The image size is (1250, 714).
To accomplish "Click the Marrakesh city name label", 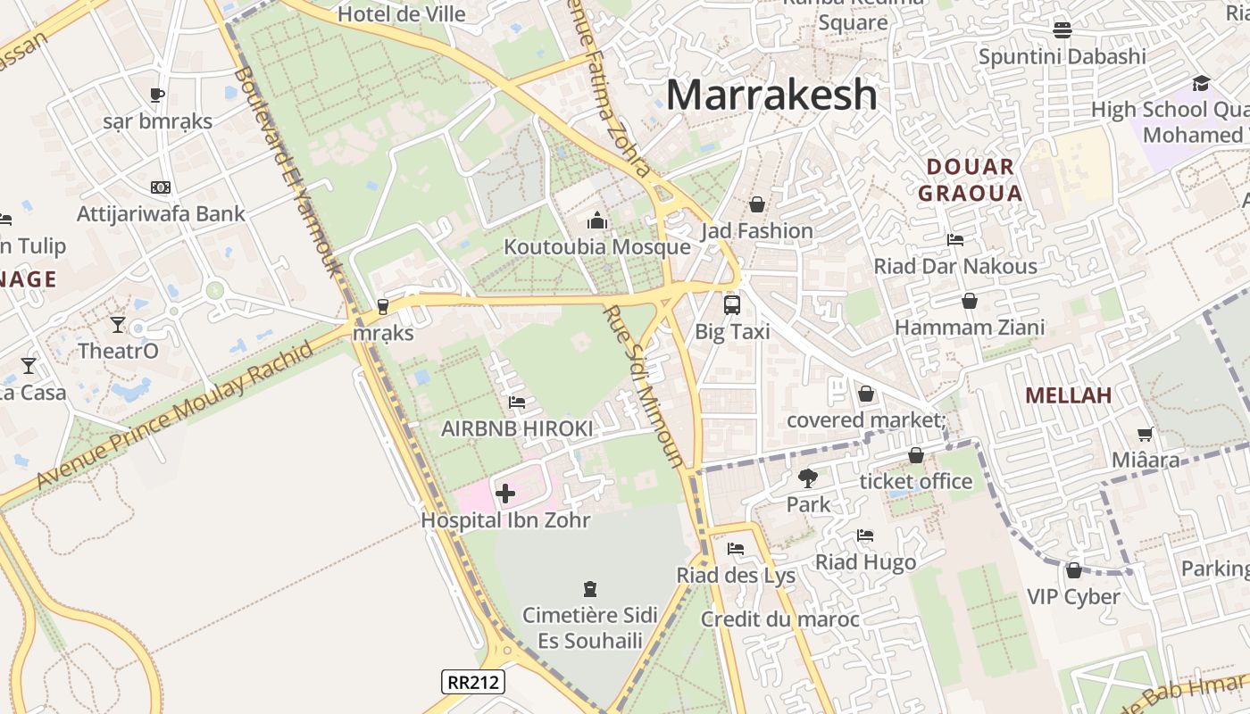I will [771, 95].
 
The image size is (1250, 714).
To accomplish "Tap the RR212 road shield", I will [473, 682].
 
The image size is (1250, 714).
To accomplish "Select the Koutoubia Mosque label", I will [597, 246].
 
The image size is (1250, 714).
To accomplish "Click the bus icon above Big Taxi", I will [732, 304].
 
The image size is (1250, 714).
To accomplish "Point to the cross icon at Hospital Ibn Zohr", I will [505, 494].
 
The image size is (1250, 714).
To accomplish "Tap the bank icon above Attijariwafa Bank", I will [161, 187].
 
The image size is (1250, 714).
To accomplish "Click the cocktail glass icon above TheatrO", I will [118, 324].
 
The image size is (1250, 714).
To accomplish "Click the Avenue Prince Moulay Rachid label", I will [175, 414].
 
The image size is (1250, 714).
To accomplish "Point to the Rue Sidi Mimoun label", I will [644, 386].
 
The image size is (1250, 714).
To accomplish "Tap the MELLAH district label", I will [1068, 395].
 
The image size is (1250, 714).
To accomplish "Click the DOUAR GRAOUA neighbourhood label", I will [970, 179].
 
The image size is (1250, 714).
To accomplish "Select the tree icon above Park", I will [808, 477].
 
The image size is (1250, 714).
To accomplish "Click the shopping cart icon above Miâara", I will [1146, 434].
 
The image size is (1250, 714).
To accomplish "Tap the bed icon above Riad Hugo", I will [865, 535].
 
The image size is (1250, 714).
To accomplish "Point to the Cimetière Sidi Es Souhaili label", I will [590, 627].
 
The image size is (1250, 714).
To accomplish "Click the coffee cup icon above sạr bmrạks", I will [157, 95].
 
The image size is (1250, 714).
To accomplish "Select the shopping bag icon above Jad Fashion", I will [757, 204].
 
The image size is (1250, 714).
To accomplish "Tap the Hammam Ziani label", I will [970, 328].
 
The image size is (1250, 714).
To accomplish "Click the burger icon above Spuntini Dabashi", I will [1062, 29].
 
